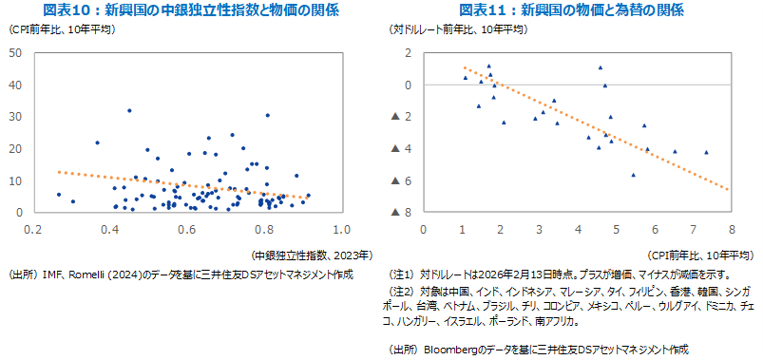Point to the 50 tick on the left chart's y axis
pos(16,52)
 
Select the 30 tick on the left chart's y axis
pos(16,117)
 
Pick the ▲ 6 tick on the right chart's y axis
pos(401,180)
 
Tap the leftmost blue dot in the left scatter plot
pos(59,195)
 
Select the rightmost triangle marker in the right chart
pos(706,152)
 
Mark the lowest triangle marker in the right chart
pos(633,175)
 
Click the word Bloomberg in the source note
pos(454,350)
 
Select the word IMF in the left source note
pos(54,274)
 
